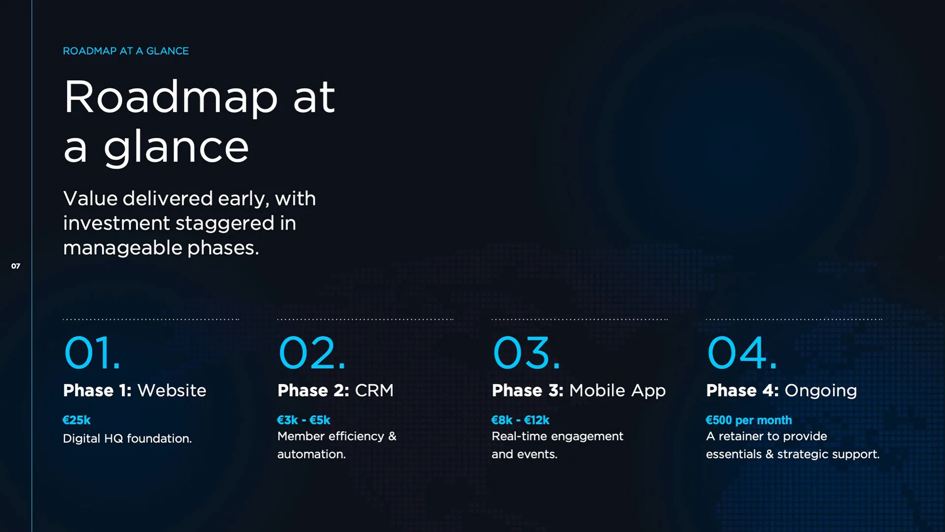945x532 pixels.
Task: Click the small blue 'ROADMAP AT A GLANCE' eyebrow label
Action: (x=126, y=51)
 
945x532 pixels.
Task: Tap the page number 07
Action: (x=16, y=266)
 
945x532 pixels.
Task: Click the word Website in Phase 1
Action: (x=172, y=390)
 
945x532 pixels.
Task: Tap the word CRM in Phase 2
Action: (x=374, y=390)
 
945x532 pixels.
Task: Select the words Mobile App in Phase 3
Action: (x=617, y=391)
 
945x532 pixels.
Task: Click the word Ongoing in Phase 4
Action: (x=820, y=391)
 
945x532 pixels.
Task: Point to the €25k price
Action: (x=77, y=420)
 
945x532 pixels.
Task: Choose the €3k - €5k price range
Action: (x=304, y=420)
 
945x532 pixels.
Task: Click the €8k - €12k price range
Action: (x=520, y=420)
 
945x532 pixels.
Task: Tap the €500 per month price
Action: (x=749, y=420)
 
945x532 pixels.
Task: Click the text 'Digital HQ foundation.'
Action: (x=127, y=438)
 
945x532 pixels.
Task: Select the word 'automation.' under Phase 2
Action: (x=312, y=454)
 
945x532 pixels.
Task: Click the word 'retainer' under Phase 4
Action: (x=748, y=436)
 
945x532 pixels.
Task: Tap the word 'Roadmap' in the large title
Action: (x=171, y=98)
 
